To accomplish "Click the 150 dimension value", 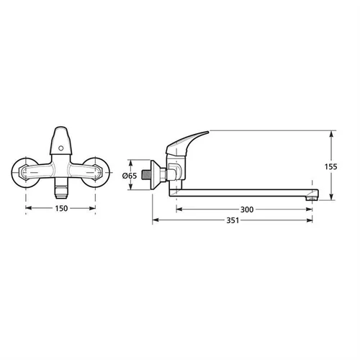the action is click(61, 208).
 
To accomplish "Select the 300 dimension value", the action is click(247, 210).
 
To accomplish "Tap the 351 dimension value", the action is click(233, 220).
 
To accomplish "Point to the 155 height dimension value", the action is click(331, 166).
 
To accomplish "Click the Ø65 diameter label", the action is click(130, 176).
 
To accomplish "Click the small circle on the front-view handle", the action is click(61, 148).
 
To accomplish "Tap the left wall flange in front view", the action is click(25, 172).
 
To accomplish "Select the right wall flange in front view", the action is click(96, 172).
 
